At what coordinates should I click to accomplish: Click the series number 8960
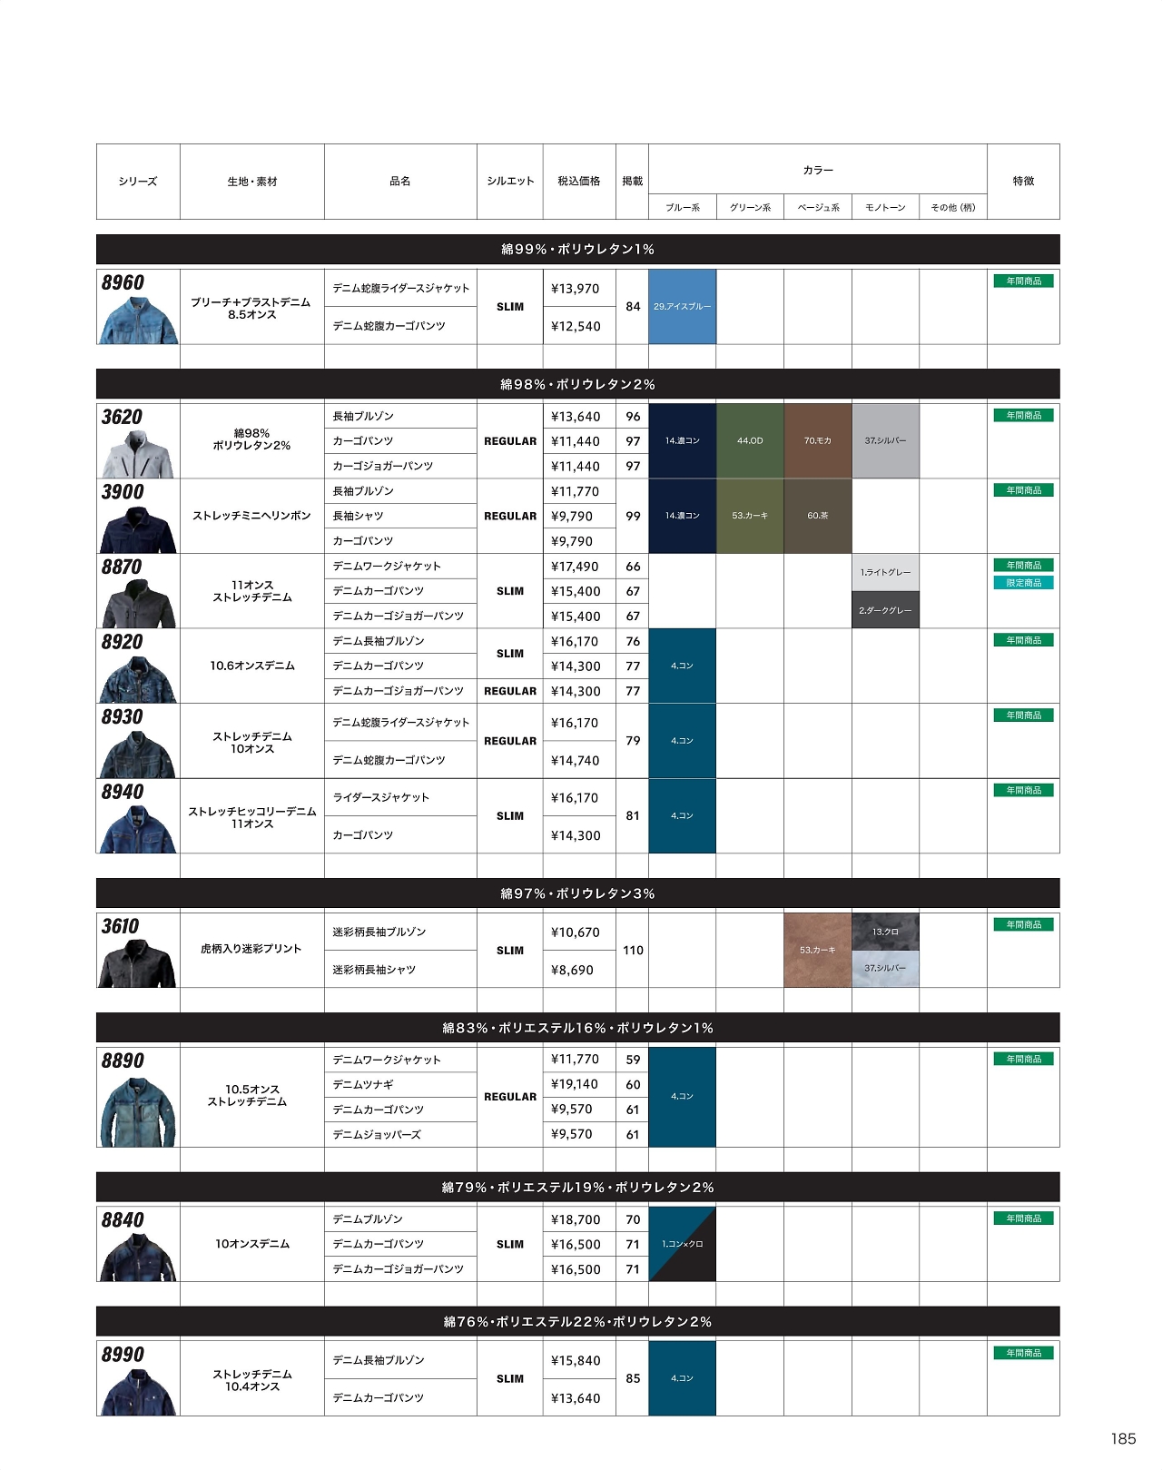[123, 282]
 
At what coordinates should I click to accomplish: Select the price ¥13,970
[576, 289]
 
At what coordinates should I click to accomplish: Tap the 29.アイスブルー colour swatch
[682, 307]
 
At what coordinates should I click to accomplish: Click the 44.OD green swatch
[750, 440]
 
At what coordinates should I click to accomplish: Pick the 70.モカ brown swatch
[817, 440]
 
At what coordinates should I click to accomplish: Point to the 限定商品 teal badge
[1023, 583]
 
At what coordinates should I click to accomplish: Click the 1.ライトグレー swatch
[885, 573]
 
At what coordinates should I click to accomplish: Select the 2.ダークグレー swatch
[885, 610]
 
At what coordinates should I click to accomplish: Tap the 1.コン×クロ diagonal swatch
[682, 1244]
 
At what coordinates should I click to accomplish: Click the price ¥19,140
[575, 1084]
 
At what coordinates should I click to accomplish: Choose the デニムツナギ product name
[363, 1084]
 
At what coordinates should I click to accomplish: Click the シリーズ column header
[138, 182]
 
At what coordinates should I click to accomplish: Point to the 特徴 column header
[1023, 182]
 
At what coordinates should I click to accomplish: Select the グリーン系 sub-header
[750, 208]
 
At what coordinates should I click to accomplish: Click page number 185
[1123, 1438]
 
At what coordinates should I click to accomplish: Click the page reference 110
[633, 951]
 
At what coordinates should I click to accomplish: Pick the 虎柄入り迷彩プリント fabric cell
[251, 949]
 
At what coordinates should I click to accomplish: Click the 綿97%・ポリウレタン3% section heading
[577, 893]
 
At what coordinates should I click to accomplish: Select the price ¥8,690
[572, 970]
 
